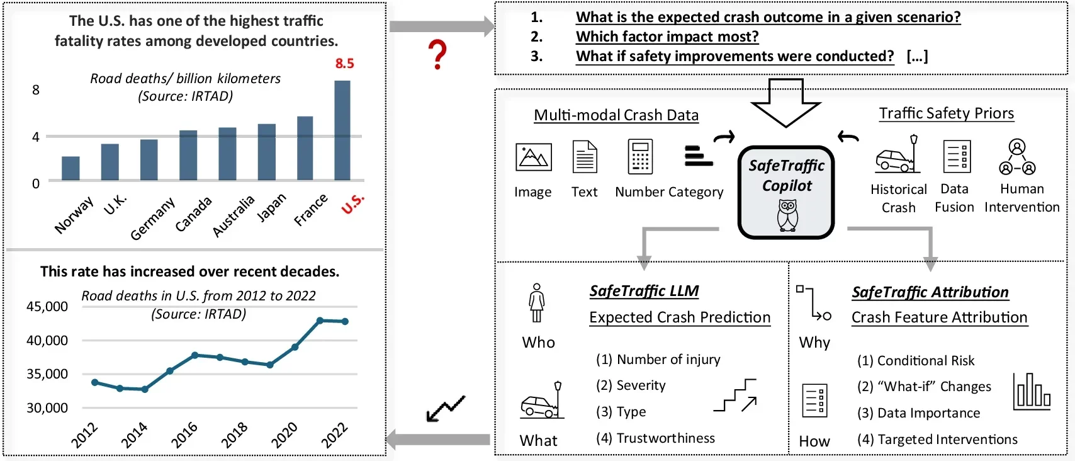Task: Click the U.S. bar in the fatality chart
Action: point(342,130)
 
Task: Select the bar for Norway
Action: point(70,168)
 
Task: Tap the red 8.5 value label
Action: point(344,64)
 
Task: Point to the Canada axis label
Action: point(193,214)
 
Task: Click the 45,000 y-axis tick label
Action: point(47,307)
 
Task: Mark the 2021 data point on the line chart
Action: point(320,321)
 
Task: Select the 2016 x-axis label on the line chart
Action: point(184,435)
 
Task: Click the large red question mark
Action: point(437,55)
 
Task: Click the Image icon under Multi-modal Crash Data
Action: point(533,157)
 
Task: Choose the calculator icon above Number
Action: point(640,157)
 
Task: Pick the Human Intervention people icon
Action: point(1017,157)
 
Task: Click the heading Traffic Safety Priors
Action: point(946,113)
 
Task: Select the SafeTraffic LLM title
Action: point(644,291)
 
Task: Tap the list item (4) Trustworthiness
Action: point(655,438)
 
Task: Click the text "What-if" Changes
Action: point(924,387)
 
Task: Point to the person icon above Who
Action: point(536,303)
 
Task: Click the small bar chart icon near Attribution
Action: point(1032,391)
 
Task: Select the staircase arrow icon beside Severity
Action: point(736,395)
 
